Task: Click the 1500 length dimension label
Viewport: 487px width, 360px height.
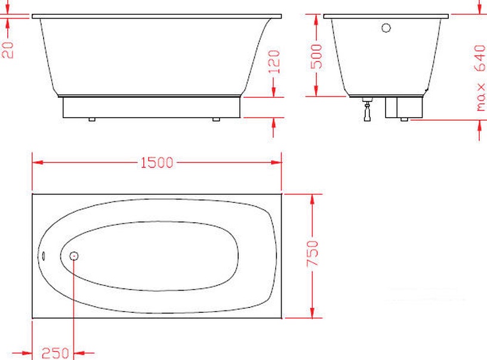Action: [x=157, y=162]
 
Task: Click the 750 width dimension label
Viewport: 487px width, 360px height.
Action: [x=313, y=253]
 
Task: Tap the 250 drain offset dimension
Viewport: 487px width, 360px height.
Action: [x=56, y=353]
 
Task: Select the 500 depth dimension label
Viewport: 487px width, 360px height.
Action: [x=317, y=57]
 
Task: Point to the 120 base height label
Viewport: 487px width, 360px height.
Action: [x=275, y=62]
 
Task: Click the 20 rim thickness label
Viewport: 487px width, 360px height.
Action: [x=8, y=50]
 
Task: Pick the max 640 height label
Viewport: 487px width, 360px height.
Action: [x=480, y=78]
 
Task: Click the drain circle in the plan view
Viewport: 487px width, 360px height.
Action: [x=74, y=256]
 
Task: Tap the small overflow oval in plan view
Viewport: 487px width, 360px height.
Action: [x=44, y=256]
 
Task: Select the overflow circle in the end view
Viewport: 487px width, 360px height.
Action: [x=386, y=28]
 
